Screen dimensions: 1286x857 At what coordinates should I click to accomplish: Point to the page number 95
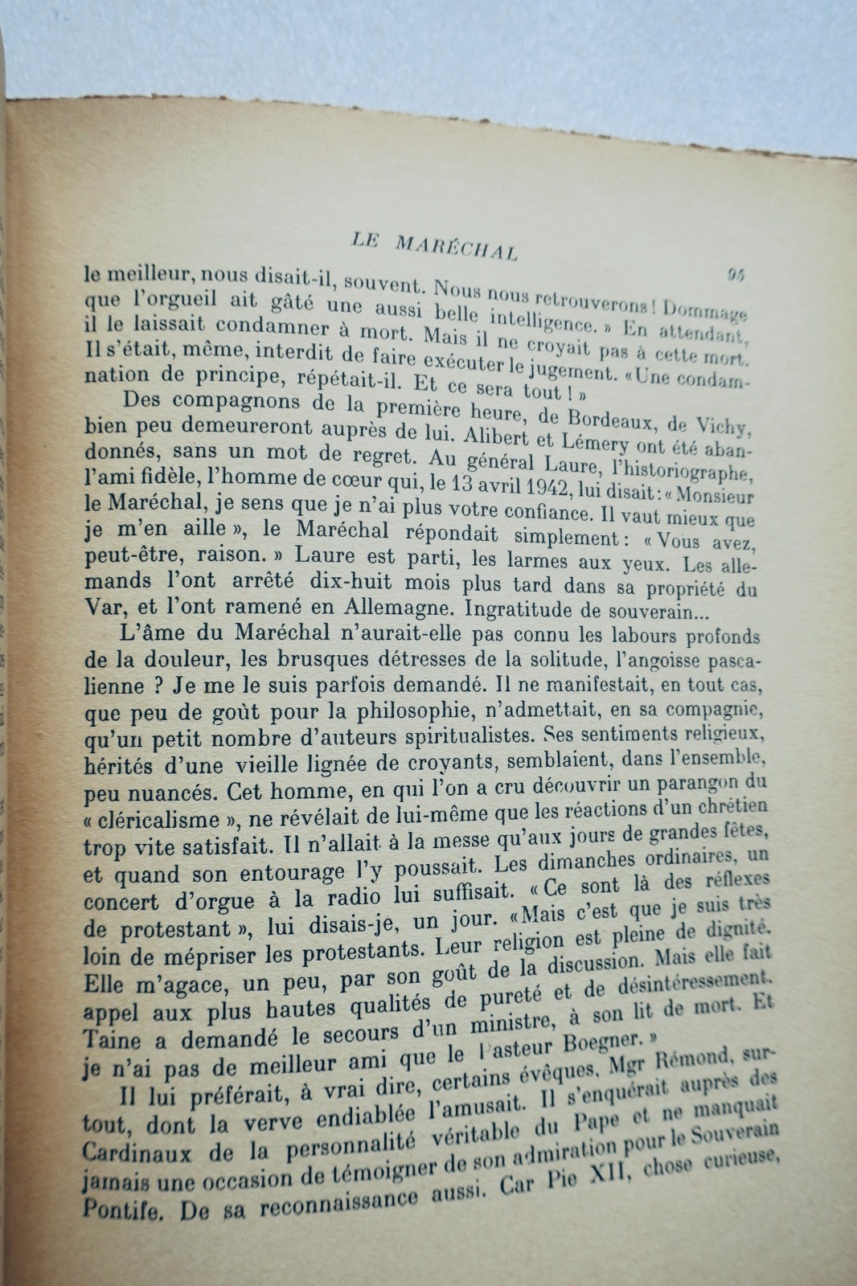pos(736,274)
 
